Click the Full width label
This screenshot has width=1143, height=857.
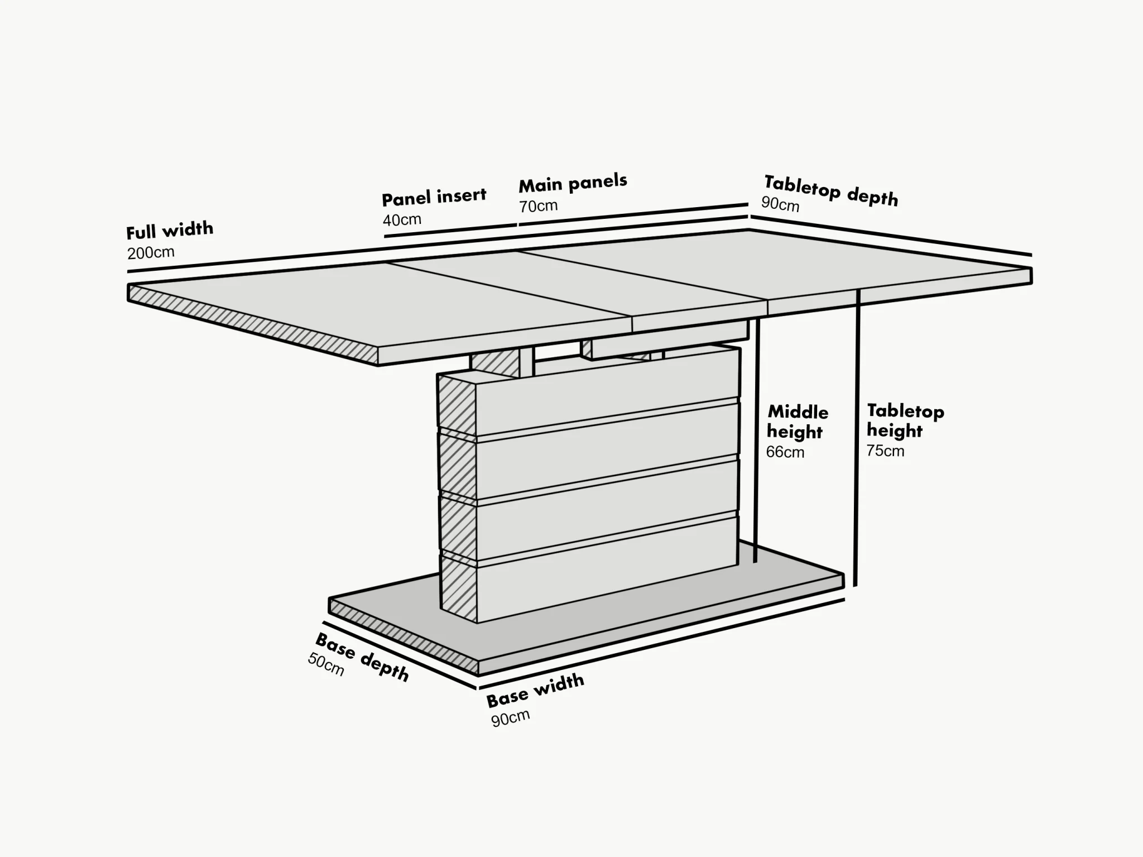[x=170, y=230]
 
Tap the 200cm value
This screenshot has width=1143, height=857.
[x=151, y=253]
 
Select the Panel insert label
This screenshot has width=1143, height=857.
[x=434, y=197]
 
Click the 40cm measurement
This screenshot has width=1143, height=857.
[x=402, y=220]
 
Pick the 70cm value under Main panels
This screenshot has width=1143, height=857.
[x=538, y=206]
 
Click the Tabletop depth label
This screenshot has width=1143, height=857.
[x=830, y=190]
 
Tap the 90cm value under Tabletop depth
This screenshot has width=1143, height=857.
[x=780, y=204]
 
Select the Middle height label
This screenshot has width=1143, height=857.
[x=797, y=422]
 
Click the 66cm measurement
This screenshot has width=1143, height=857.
[x=785, y=452]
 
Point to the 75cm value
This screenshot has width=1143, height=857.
[x=885, y=451]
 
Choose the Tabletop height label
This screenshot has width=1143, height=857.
[x=905, y=421]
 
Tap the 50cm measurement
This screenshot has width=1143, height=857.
[x=326, y=664]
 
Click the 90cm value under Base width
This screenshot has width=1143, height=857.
[x=510, y=719]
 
